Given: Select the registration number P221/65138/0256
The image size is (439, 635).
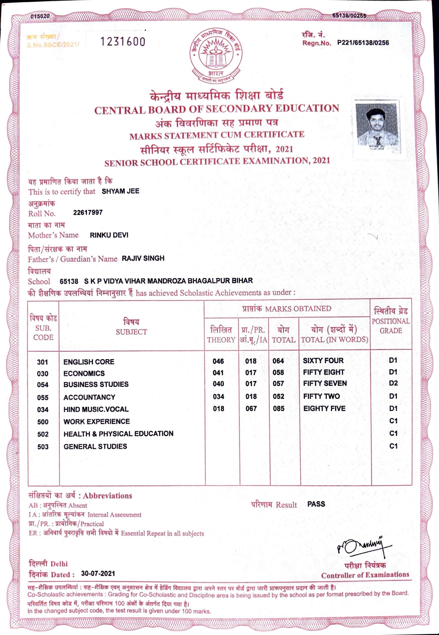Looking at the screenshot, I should (x=363, y=43).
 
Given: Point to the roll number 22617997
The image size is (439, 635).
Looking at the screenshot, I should (x=88, y=212).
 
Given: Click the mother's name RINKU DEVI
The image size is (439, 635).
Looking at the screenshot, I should (x=109, y=235).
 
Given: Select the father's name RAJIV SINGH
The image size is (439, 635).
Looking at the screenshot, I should (x=143, y=258).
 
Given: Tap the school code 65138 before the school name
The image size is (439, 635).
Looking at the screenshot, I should (x=69, y=281).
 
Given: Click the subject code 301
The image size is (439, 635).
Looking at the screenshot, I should (x=43, y=362).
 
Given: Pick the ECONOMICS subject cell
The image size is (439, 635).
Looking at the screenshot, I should (x=84, y=373).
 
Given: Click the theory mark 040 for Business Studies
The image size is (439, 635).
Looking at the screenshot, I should (x=218, y=384).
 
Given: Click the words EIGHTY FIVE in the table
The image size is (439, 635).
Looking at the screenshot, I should (x=324, y=409).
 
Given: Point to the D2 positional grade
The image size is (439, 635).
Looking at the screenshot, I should (x=393, y=383).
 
